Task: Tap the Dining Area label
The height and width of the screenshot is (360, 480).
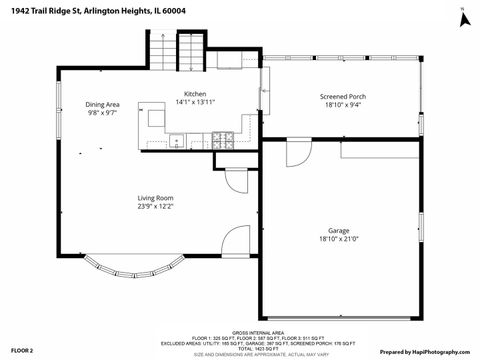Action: click(x=102, y=105)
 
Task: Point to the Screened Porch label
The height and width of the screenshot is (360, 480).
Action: click(x=341, y=96)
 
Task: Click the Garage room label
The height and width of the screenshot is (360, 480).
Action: click(x=339, y=230)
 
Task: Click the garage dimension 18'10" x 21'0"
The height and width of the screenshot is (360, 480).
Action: click(x=339, y=240)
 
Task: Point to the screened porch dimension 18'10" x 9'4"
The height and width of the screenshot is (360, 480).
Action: click(x=341, y=105)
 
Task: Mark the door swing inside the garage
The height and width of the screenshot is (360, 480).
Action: click(x=298, y=153)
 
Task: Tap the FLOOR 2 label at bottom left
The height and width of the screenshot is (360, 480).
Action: click(x=22, y=351)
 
